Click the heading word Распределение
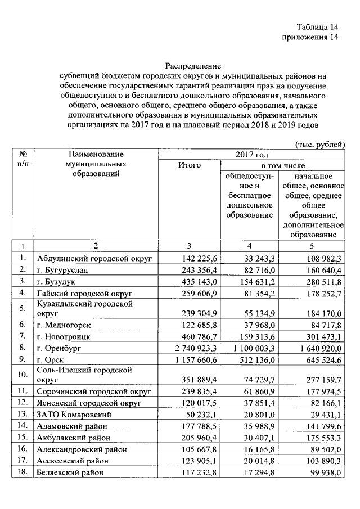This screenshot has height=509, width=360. [x=193, y=66]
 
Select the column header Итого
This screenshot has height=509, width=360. [x=190, y=165]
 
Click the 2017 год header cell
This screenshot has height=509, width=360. [x=251, y=154]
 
